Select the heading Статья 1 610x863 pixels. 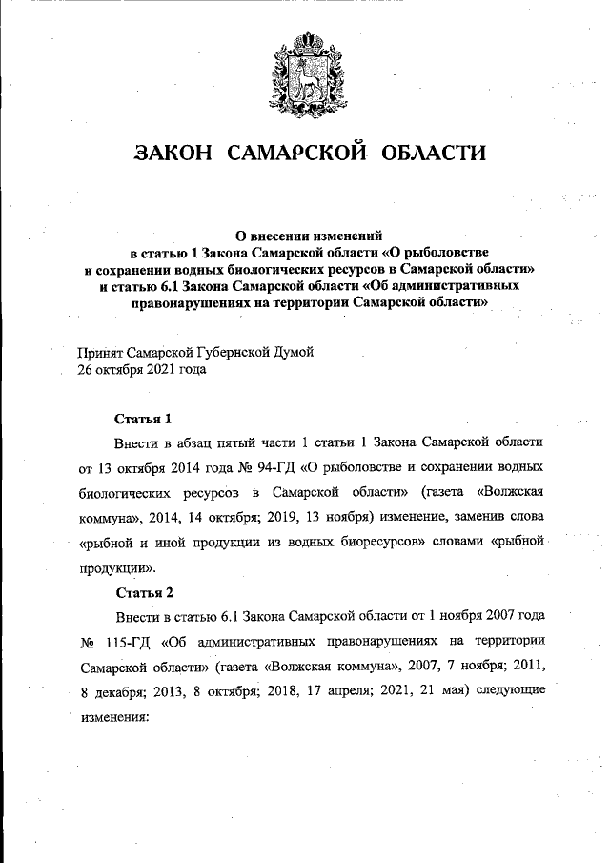click(143, 419)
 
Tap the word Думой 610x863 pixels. click(293, 352)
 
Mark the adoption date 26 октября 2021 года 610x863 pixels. click(142, 369)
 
